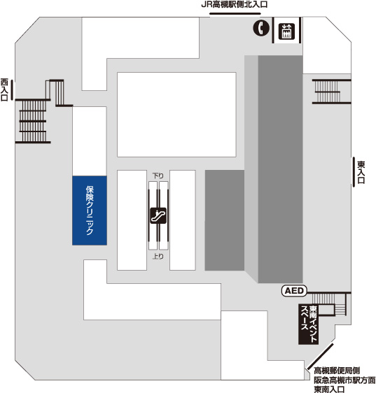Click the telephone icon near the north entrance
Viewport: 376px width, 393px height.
(x=261, y=27)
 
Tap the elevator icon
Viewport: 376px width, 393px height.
(x=286, y=31)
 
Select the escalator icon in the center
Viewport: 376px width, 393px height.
(x=158, y=215)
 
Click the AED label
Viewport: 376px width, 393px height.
(x=294, y=291)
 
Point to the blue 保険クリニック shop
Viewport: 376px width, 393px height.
(x=90, y=210)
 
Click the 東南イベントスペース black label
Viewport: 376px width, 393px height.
(x=309, y=324)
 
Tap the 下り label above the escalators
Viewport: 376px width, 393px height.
(x=158, y=176)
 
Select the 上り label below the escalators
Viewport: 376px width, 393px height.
(x=158, y=256)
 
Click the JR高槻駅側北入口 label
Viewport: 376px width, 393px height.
(x=235, y=4)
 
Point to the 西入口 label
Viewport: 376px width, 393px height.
(x=4, y=90)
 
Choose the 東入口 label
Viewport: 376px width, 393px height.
(x=361, y=173)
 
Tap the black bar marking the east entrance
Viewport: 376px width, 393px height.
(x=354, y=172)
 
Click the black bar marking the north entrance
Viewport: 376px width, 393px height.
(x=235, y=13)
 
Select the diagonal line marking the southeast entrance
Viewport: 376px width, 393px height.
(x=320, y=356)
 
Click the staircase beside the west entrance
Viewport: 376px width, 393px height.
(x=33, y=121)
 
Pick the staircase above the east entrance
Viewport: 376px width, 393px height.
(x=331, y=92)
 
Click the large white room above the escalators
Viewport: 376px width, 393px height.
(x=176, y=115)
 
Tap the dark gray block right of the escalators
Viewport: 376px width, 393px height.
(x=225, y=220)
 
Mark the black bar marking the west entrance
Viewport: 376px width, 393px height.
(x=12, y=90)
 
